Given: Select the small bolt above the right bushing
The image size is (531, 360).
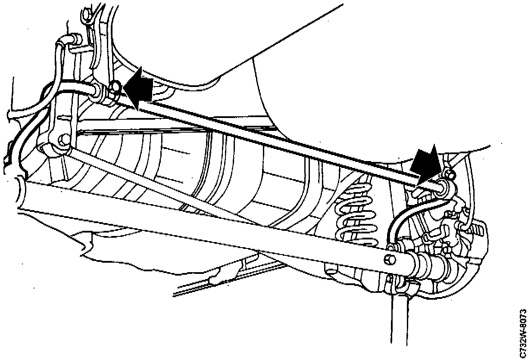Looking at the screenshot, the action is tap(450, 174).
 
